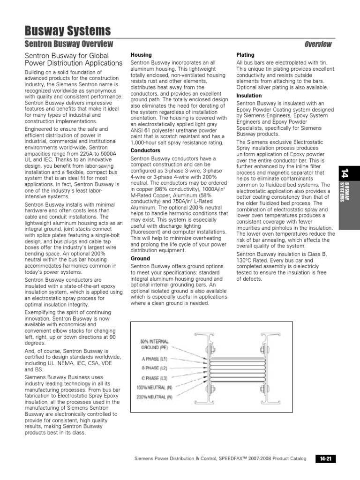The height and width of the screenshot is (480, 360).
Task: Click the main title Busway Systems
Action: pyautogui.click(x=67, y=31)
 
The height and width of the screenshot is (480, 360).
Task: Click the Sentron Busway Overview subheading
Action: pyautogui.click(x=68, y=44)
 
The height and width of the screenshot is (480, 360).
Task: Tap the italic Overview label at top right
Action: pyautogui.click(x=318, y=45)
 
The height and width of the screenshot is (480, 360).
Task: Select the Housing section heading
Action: pyautogui.click(x=141, y=55)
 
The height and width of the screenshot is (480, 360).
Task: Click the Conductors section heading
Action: pyautogui.click(x=145, y=150)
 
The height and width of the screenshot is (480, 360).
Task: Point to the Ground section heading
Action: pyautogui.click(x=140, y=258)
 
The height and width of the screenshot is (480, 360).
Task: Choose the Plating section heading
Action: pyautogui.click(x=246, y=55)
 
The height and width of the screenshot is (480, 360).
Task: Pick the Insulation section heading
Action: pyautogui.click(x=249, y=96)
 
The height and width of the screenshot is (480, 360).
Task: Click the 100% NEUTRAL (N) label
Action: pyautogui.click(x=154, y=387)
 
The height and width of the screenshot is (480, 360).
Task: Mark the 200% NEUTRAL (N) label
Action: pyautogui.click(x=154, y=397)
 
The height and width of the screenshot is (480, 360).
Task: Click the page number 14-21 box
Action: pyautogui.click(x=325, y=458)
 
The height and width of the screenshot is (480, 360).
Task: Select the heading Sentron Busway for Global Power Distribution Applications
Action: pyautogui.click(x=73, y=59)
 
